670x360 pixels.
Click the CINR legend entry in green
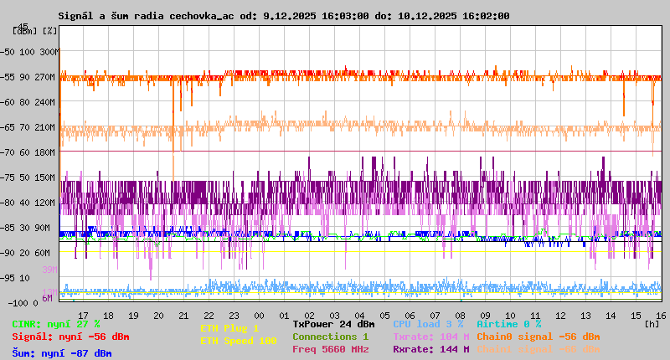pyautogui.click(x=56, y=324)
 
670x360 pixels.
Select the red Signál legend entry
pyautogui.click(x=70, y=337)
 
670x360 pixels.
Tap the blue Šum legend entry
pyautogui.click(x=61, y=353)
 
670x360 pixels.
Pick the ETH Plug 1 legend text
pyautogui.click(x=229, y=328)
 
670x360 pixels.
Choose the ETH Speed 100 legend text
pyautogui.click(x=238, y=341)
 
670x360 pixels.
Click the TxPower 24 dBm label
pyautogui.click(x=333, y=324)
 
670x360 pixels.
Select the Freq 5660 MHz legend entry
pyautogui.click(x=330, y=349)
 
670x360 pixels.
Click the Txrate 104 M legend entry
pyautogui.click(x=430, y=337)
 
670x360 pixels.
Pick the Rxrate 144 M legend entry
pyautogui.click(x=430, y=349)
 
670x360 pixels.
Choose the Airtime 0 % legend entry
pyautogui.click(x=508, y=324)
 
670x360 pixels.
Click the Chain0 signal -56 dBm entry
pyautogui.click(x=538, y=337)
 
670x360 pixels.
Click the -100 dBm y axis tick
pyautogui.click(x=13, y=301)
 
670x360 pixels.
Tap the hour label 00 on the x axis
pyautogui.click(x=260, y=316)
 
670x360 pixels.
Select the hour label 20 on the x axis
pyautogui.click(x=158, y=316)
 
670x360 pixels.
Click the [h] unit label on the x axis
pyautogui.click(x=652, y=324)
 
